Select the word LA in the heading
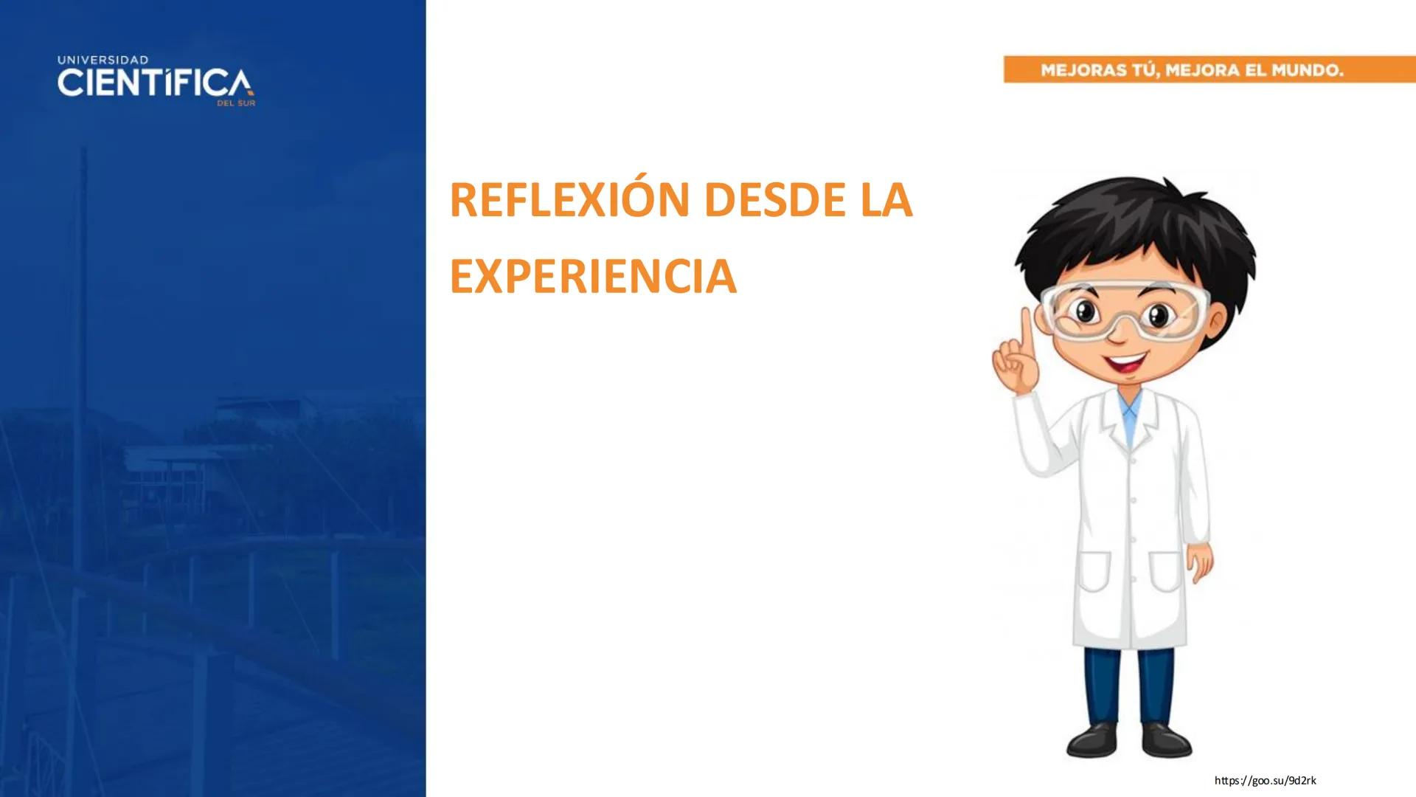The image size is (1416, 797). [x=886, y=201]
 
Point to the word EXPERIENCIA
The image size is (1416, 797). [x=593, y=277]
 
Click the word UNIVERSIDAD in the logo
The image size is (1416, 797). [x=103, y=60]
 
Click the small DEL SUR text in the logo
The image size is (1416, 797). [x=236, y=104]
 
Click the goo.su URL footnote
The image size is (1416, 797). [x=1265, y=781]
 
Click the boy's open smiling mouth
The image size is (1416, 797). [x=1125, y=363]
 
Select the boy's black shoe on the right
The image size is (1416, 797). [x=1165, y=738]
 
